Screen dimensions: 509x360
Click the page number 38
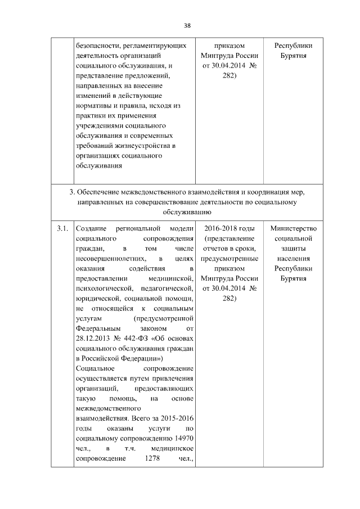tap(188, 25)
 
